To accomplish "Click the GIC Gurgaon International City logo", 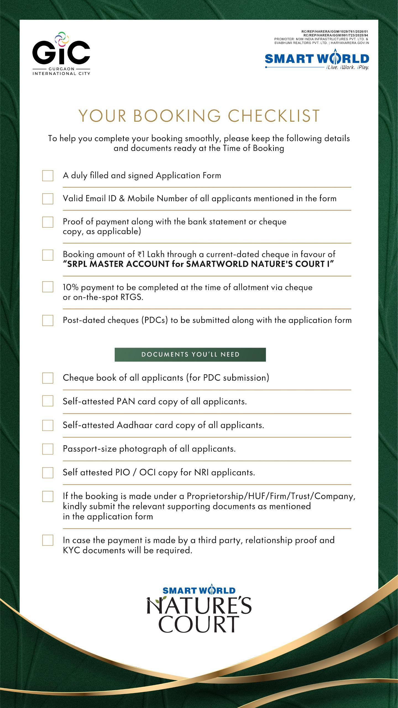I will coord(61,54).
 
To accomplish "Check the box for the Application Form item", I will coord(48,176).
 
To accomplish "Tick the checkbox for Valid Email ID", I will coord(48,199).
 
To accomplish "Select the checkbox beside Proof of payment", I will coord(48,222).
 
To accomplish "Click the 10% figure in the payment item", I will coord(71,287).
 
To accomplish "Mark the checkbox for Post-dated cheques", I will coord(48,320).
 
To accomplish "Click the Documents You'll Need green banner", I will coord(190,355).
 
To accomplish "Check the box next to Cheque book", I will coord(48,378).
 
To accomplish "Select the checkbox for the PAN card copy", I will coord(48,401).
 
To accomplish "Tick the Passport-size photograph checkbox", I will coord(48,449).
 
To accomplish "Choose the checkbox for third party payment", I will coord(48,540).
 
